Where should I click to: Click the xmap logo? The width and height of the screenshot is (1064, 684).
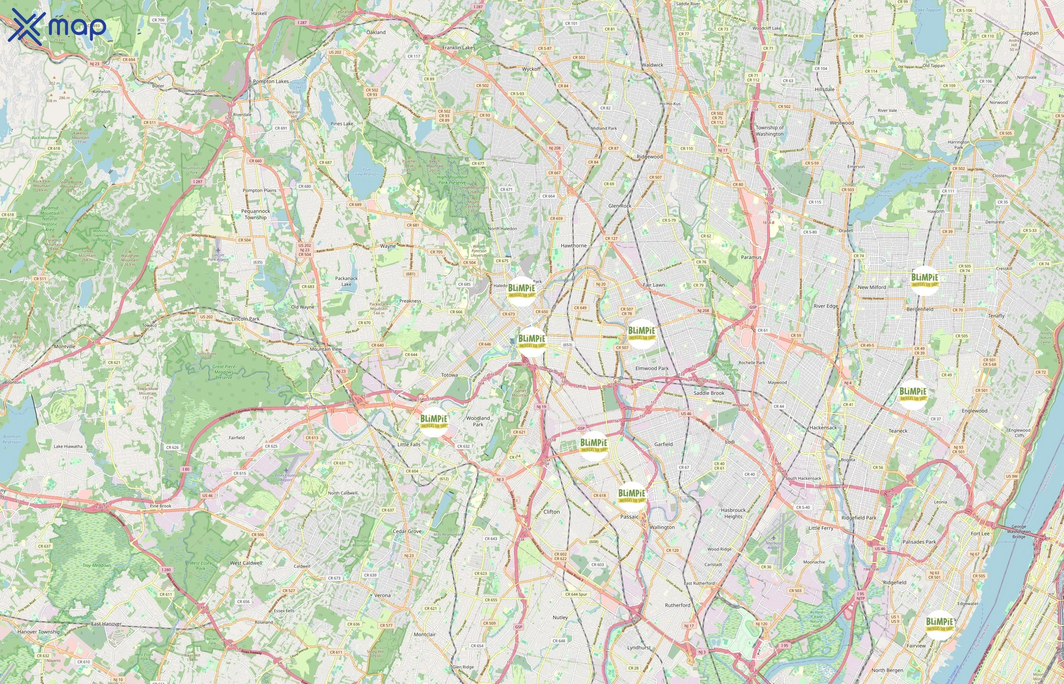[x=57, y=26]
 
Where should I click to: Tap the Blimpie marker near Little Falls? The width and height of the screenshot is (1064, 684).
[x=434, y=421]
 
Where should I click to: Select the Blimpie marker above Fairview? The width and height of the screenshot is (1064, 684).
[x=939, y=625]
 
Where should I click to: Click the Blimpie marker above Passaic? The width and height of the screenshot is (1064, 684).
[x=632, y=496]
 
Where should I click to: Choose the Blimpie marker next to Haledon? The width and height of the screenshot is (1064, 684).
[x=521, y=291]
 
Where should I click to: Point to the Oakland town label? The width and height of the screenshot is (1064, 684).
[x=376, y=32]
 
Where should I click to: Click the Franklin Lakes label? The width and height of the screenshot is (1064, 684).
[x=458, y=47]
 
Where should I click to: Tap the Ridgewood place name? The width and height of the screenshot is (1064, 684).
[x=649, y=157]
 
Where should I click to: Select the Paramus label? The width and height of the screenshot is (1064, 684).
[x=751, y=257]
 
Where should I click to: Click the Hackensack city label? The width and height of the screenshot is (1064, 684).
[x=823, y=428]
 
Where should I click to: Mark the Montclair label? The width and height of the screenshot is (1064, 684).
[x=424, y=634]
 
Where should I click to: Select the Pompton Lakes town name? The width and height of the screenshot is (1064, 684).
[x=271, y=81]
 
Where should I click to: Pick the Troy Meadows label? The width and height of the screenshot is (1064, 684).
[x=97, y=565]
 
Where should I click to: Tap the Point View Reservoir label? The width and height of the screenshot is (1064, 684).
[x=367, y=172]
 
